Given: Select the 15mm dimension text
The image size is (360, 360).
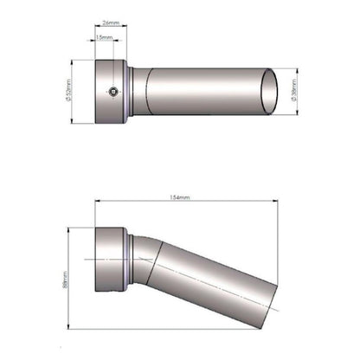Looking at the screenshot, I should [104, 38].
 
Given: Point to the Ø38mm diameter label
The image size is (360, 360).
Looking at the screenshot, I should [297, 90].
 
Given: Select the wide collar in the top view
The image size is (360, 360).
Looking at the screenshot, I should [109, 91].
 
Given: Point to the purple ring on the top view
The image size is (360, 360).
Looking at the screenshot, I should [130, 91].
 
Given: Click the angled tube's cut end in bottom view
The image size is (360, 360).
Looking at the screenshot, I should [270, 299].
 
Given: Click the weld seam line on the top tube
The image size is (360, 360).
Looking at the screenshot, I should [145, 91].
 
